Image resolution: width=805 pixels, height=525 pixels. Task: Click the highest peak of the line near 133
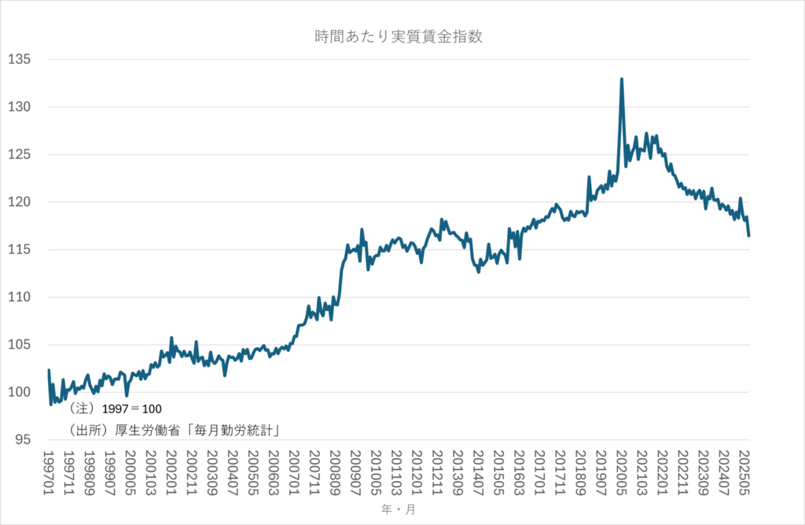coord(622,79)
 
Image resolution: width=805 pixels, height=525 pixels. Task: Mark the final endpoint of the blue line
coord(749,235)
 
